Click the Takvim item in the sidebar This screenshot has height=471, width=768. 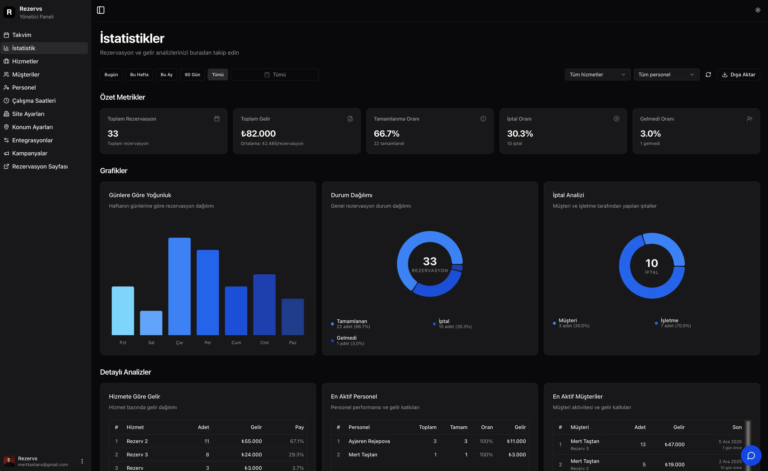point(22,35)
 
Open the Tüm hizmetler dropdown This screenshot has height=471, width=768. point(597,75)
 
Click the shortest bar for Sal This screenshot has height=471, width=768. point(151,323)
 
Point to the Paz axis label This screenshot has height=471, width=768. point(293,342)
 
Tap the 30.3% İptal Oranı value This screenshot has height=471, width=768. point(520,134)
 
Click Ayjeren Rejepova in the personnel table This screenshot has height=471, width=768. point(369,441)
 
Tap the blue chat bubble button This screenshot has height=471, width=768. point(751,455)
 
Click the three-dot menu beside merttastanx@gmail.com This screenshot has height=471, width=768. point(82,461)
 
